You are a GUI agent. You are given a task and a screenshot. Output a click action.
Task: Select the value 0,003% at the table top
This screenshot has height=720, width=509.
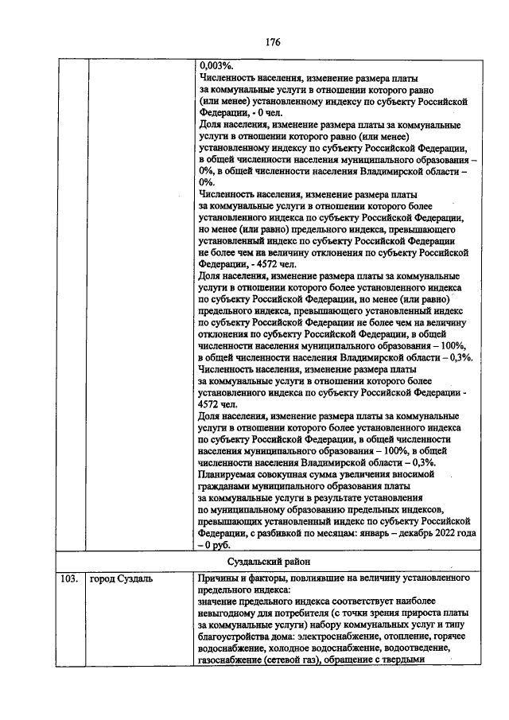coord(215,68)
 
